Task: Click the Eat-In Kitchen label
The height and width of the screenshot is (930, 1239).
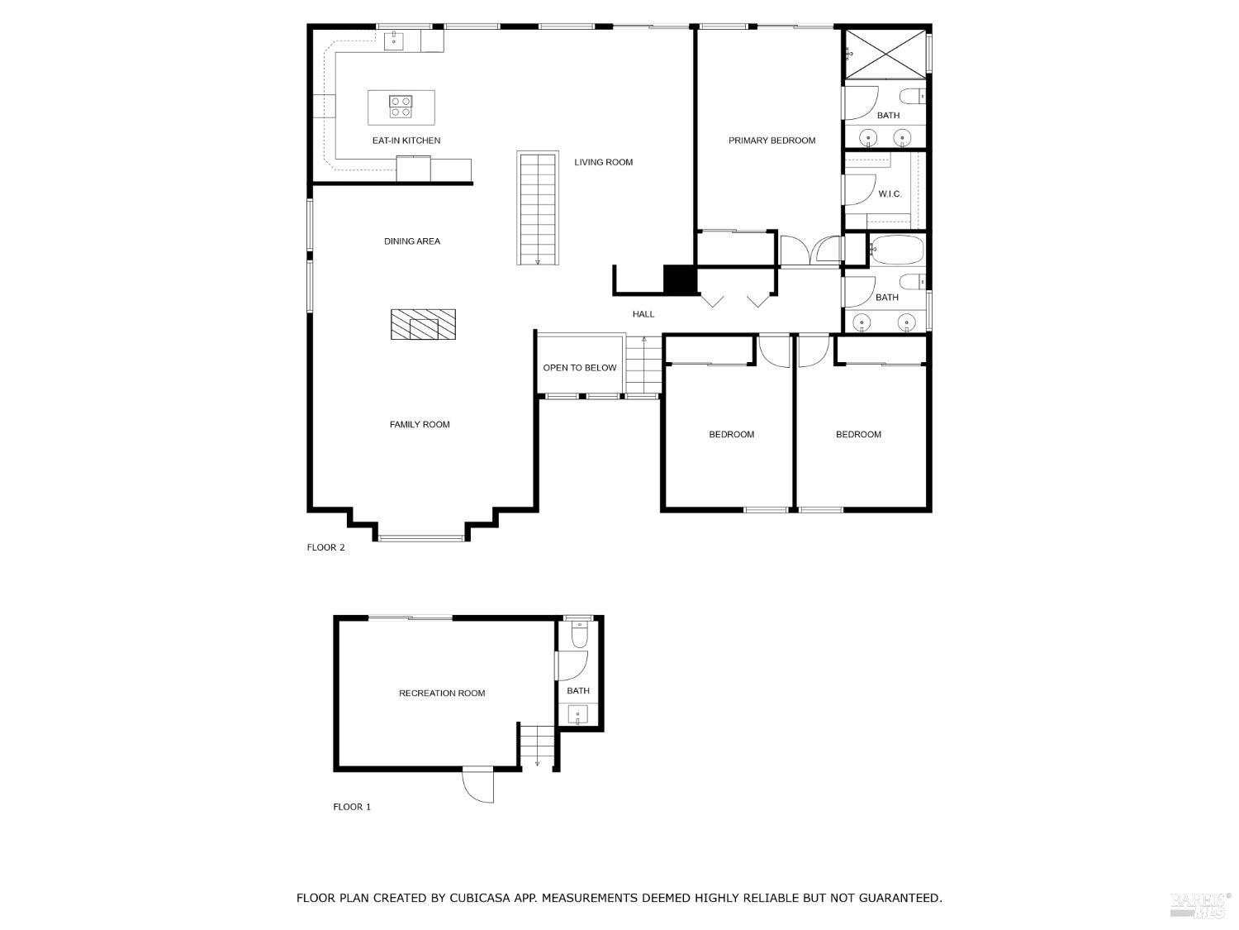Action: (406, 141)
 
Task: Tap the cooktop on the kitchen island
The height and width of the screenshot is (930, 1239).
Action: (401, 107)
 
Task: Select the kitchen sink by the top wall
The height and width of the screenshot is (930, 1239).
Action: (394, 39)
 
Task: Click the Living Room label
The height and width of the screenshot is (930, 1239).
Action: (603, 162)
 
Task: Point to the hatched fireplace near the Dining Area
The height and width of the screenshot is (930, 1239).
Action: (423, 324)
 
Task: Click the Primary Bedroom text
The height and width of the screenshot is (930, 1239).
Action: (771, 141)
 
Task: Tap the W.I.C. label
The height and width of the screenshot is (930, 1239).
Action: (890, 194)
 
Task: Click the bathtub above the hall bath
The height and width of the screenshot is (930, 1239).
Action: (897, 249)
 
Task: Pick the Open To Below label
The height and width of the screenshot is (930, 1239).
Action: (579, 368)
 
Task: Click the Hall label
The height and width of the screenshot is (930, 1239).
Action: (643, 314)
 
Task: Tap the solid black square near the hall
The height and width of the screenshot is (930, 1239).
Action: (681, 279)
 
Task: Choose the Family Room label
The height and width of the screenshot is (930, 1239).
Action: (420, 425)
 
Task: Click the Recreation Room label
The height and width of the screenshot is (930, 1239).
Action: (441, 694)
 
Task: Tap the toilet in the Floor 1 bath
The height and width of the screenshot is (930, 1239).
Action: (579, 635)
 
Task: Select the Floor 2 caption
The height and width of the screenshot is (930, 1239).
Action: (325, 547)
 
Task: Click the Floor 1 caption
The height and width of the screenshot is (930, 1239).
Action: (352, 807)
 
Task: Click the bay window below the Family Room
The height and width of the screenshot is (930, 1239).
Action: (421, 539)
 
